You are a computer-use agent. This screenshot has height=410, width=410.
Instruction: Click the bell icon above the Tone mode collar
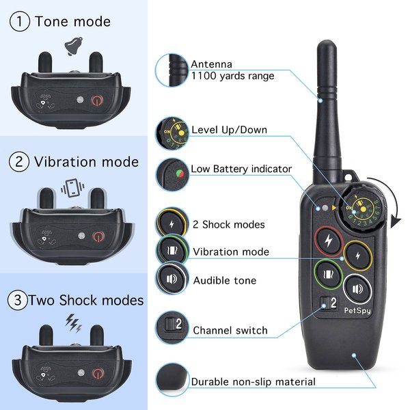pyautogui.click(x=71, y=46)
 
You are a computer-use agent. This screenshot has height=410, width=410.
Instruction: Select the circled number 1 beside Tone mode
pyautogui.click(x=19, y=21)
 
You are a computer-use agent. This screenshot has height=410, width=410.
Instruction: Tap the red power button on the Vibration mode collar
pyautogui.click(x=98, y=236)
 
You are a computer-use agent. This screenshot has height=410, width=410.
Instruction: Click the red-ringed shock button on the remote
pyautogui.click(x=329, y=240)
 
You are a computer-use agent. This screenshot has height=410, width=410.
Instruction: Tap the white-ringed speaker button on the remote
pyautogui.click(x=357, y=288)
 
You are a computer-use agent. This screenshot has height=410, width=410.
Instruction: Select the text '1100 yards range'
pyautogui.click(x=232, y=76)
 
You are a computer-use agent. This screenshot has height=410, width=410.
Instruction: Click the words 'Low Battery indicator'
pyautogui.click(x=241, y=169)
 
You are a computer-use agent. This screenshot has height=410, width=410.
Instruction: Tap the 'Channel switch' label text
pyautogui.click(x=230, y=331)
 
